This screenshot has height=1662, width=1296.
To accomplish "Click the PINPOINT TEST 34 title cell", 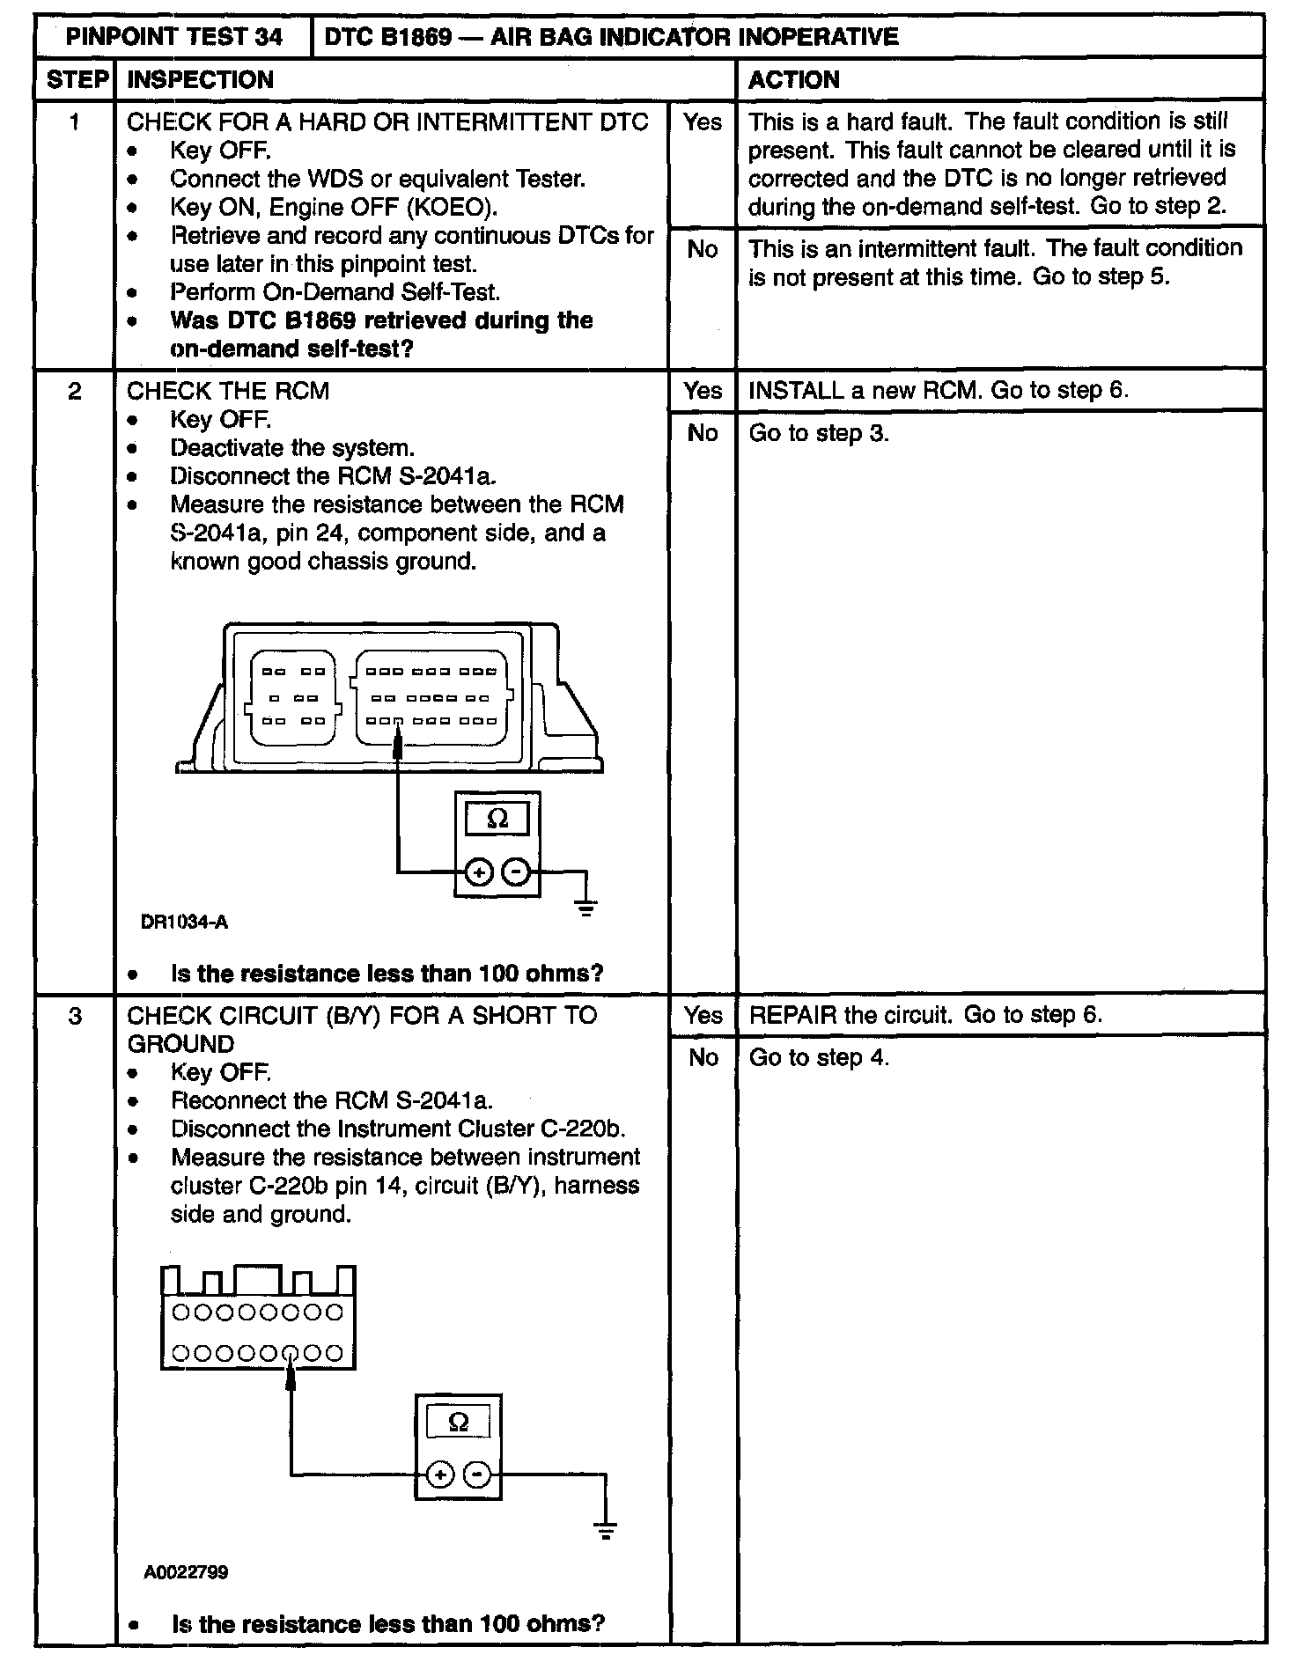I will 174,36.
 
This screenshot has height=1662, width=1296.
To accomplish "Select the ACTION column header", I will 793,80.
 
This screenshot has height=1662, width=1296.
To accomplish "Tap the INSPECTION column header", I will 201,80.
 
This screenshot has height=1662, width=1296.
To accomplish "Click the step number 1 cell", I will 75,121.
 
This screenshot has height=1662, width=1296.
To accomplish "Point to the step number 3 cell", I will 75,1016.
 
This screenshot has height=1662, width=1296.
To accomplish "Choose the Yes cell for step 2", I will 702,390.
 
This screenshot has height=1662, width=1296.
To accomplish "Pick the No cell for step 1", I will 702,250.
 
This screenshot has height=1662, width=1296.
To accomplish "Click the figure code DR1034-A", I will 184,923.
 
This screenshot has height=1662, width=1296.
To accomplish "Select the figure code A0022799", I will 186,1571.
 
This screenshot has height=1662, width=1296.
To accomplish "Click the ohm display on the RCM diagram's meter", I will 497,819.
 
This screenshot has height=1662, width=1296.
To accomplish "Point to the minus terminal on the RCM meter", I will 517,872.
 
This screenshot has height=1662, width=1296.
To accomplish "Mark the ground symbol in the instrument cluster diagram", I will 605,1530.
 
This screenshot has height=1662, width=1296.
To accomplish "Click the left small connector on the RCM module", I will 293,696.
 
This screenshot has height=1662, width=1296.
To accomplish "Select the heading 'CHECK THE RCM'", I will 228,391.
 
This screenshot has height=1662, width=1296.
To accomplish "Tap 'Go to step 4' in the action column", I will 819,1057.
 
